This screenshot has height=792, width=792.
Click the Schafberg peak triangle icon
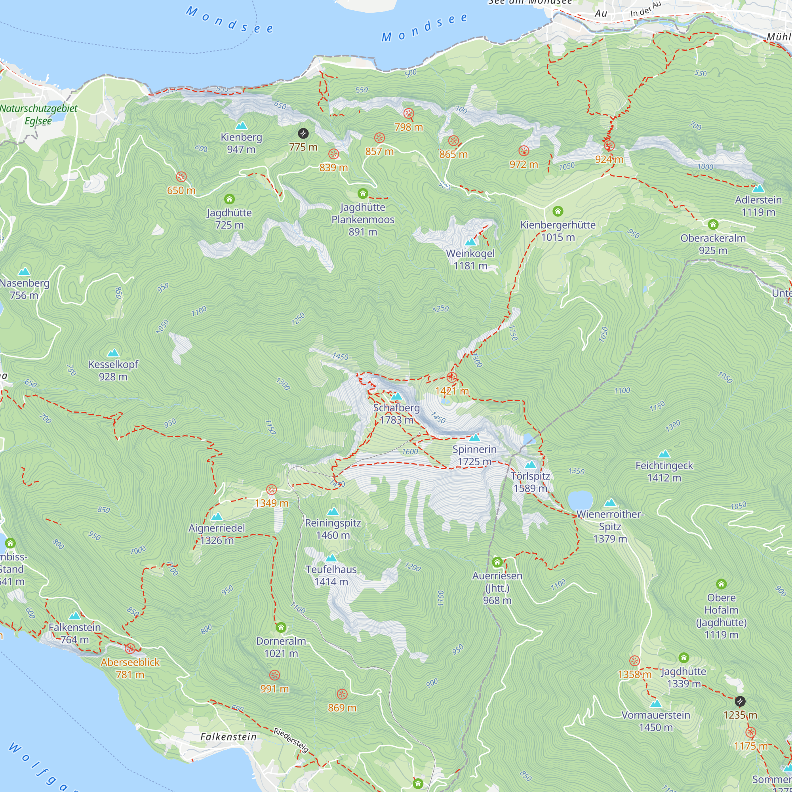[396, 396]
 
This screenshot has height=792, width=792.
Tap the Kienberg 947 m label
[241, 143]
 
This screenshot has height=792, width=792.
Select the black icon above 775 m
[303, 133]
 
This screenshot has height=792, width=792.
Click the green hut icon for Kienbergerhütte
[558, 211]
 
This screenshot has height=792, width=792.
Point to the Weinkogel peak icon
[470, 242]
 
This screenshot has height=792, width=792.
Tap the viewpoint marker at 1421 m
[451, 377]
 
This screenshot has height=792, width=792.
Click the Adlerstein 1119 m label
[758, 206]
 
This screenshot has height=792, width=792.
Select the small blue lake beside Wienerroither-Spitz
[580, 500]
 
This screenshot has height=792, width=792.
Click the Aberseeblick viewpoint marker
[130, 648]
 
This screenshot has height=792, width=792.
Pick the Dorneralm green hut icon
[281, 627]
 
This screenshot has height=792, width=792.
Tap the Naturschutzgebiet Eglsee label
[38, 114]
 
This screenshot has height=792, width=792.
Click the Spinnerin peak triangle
[474, 438]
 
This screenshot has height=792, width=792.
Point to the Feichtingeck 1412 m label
[664, 471]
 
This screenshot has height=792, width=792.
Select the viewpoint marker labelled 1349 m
[271, 489]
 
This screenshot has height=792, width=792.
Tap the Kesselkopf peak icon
[113, 352]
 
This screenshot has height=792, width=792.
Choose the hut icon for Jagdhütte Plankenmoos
[362, 193]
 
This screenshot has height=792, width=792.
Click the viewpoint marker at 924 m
[609, 145]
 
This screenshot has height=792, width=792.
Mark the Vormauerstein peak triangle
[655, 703]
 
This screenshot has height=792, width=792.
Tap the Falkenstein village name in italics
[228, 737]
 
